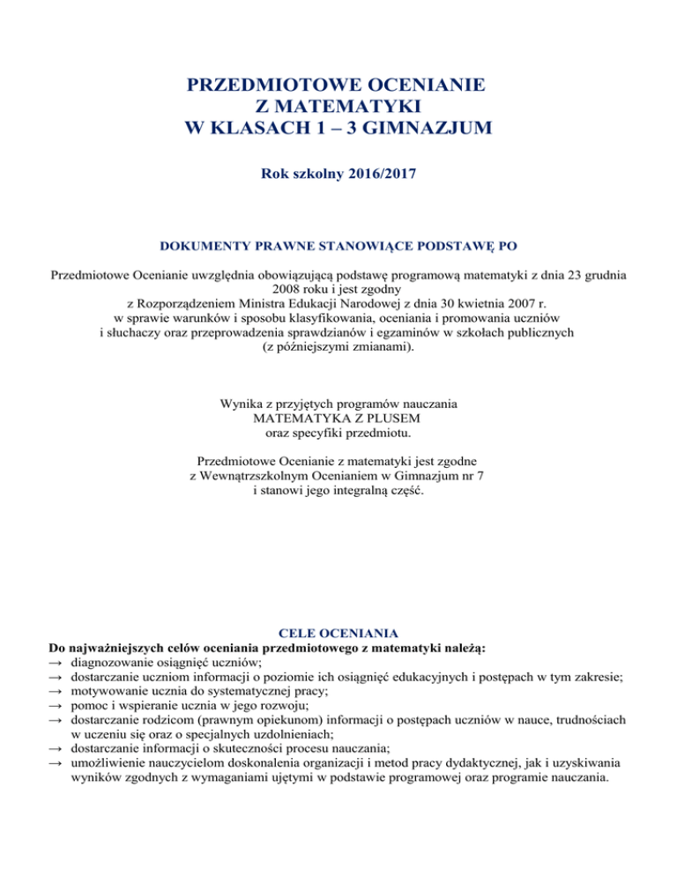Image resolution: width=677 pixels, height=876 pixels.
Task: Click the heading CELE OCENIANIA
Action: [x=338, y=633]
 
